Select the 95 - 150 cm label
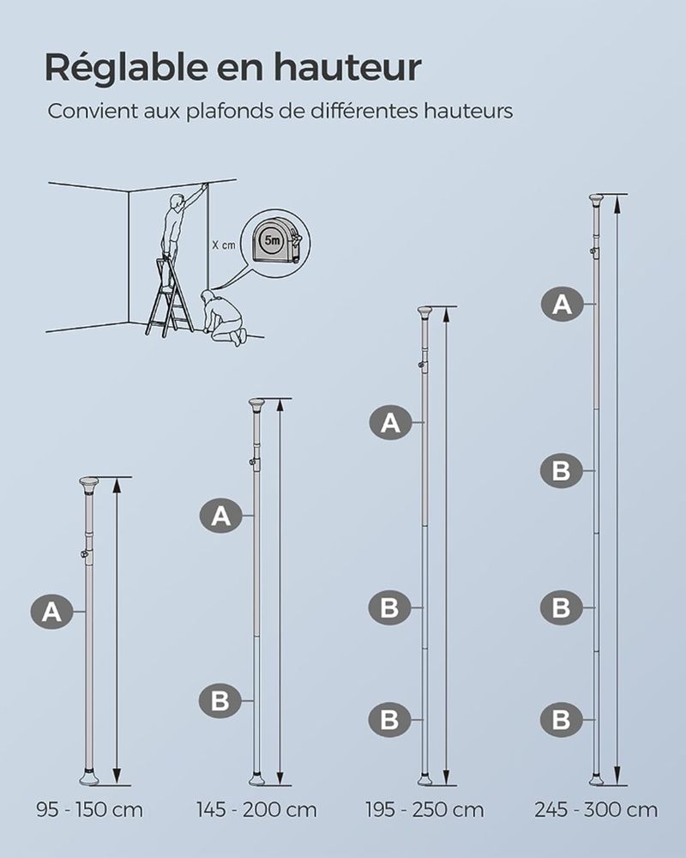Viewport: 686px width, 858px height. point(90,809)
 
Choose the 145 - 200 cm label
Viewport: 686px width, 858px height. point(256,809)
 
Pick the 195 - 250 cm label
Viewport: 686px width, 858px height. point(424,809)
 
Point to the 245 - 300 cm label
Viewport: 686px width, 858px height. point(596,809)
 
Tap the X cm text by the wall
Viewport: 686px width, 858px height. point(224,245)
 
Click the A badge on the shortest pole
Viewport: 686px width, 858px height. point(52,611)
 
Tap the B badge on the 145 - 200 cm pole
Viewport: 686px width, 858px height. point(220,701)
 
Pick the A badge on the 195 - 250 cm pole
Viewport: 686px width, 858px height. point(390,422)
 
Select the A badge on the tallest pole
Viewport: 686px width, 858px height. point(563,304)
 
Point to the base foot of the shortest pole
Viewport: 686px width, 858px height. point(89,777)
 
